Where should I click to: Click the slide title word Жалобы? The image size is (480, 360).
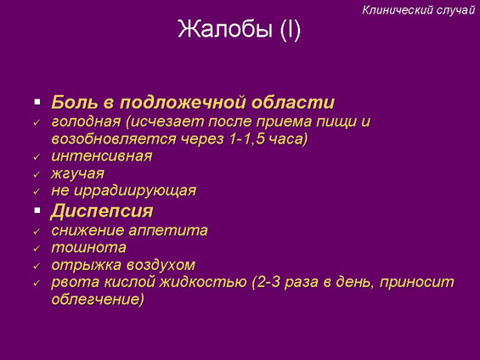coord(225,30)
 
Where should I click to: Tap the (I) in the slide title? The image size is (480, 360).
coord(291,30)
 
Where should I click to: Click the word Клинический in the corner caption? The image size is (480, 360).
coord(397,10)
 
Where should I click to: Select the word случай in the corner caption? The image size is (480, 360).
coord(455,10)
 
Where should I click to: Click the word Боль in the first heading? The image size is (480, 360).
coord(75,102)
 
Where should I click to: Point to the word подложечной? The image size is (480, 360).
coord(183,103)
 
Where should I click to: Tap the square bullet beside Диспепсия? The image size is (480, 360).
coord(37,210)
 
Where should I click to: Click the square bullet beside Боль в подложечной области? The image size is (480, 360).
coord(37,102)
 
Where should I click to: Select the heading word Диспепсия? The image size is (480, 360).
coord(102,211)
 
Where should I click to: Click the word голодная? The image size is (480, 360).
coord(86,121)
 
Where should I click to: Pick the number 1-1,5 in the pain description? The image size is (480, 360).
coord(246,139)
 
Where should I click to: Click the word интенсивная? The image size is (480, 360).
coord(102,156)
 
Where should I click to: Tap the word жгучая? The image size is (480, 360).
coord(78,174)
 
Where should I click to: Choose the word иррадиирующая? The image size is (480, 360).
coord(135,191)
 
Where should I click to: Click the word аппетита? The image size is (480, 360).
coord(168,231)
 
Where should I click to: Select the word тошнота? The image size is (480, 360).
coord(88,247)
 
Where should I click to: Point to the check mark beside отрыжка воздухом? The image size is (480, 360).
coord(37,266)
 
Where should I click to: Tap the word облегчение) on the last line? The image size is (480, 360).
coord(98,299)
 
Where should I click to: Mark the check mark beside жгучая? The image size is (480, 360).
coord(37,175)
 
